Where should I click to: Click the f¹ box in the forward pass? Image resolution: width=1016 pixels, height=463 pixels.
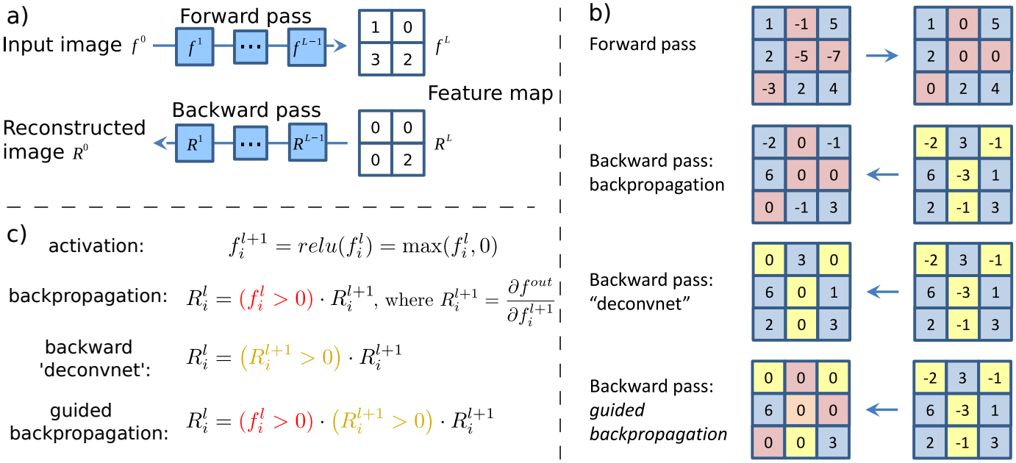coord(195,47)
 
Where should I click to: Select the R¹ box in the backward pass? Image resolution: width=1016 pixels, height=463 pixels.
coord(195,143)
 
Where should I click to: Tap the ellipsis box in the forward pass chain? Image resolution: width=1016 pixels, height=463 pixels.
coord(251,47)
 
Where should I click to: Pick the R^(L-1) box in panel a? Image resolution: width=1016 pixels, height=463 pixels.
coord(307,143)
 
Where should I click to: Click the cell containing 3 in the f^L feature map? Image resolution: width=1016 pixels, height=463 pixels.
coord(375,60)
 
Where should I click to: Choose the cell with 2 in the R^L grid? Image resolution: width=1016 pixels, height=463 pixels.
coord(408,159)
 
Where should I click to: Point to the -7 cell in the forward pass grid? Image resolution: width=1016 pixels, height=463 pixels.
coord(834,56)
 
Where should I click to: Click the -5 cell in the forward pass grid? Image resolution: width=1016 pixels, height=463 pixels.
coord(801,56)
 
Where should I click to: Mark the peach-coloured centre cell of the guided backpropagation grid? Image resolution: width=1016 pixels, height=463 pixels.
coord(801,410)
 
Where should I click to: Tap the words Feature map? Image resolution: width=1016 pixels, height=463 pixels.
coord(490,93)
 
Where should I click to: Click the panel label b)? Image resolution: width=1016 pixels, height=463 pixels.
coord(600,13)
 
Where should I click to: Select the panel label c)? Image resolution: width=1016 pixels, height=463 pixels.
coord(17,234)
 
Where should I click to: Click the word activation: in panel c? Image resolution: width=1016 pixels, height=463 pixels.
coord(96,245)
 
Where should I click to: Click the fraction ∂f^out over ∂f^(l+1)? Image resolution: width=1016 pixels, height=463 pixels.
coord(530,301)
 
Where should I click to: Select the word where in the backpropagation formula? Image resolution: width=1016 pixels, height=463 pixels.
coord(409,300)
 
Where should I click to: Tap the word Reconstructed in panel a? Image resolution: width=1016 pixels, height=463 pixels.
coord(74,128)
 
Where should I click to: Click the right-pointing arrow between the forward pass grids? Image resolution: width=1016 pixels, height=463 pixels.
coord(881,56)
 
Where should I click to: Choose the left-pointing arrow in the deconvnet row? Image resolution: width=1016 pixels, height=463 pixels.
coord(882,292)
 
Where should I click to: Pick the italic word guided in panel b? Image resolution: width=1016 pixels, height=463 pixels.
coord(617,411)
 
